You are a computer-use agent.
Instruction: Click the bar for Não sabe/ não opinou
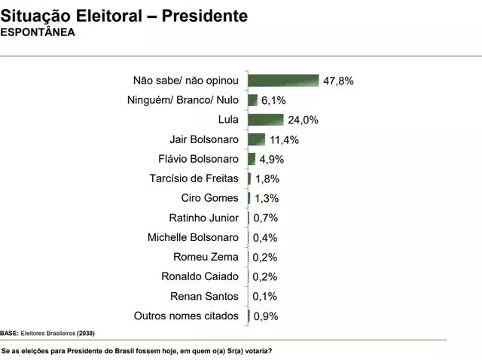(284, 81)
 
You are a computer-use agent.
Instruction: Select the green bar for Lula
(266, 120)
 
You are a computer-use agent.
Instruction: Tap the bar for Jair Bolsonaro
(257, 139)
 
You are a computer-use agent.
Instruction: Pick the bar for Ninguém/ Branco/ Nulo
(253, 100)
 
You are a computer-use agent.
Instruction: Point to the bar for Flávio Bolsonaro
(252, 159)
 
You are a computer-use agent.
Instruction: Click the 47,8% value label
(338, 81)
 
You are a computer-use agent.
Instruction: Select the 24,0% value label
(303, 120)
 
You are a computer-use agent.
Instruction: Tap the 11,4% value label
(285, 139)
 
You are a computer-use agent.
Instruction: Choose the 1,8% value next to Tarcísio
(267, 178)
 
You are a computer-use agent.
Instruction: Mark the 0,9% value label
(265, 316)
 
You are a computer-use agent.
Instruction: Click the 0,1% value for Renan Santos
(265, 297)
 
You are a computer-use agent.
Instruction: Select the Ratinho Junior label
(203, 218)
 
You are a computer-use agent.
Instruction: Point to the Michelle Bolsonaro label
(193, 237)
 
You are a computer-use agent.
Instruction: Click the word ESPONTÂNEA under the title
(38, 32)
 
